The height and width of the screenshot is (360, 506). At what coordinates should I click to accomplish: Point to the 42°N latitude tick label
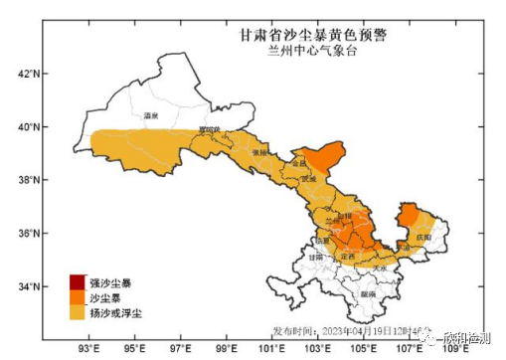(29, 75)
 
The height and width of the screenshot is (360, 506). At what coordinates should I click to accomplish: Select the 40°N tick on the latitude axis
(29, 127)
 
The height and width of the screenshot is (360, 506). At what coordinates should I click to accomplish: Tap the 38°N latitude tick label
(29, 180)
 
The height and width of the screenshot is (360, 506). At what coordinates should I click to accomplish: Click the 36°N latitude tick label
(29, 234)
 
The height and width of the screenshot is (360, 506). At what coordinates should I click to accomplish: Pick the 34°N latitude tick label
(29, 286)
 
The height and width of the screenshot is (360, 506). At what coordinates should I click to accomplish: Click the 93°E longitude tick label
(87, 348)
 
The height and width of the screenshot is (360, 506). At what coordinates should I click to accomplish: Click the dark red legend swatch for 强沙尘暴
(77, 282)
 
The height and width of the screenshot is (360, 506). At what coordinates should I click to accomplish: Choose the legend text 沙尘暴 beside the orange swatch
(105, 297)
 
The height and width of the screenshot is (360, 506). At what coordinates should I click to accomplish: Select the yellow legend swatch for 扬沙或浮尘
(77, 311)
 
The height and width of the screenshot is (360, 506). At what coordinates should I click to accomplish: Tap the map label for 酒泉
(151, 116)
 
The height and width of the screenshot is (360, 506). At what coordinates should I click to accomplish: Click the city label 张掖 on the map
(260, 153)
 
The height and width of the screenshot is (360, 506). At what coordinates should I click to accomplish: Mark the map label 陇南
(369, 293)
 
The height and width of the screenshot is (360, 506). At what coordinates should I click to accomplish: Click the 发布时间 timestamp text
(348, 329)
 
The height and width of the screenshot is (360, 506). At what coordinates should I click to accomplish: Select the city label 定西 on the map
(347, 256)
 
